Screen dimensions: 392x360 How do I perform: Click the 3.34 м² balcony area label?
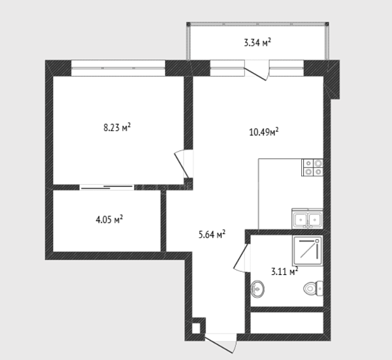coord(257,42)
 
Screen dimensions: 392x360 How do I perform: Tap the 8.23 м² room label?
coord(117,127)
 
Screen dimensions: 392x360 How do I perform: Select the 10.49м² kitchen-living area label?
coord(264,132)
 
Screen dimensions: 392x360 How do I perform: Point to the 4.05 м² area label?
coord(109,220)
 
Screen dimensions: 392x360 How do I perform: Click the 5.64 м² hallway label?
coord(212,235)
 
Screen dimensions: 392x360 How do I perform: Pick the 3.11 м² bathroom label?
coord(285,271)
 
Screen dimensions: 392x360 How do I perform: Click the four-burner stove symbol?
coord(312,167)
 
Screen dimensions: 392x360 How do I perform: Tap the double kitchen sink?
coord(307,219)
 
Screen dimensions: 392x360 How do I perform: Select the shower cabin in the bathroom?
coord(308,251)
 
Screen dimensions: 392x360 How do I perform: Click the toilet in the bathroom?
coord(313,289)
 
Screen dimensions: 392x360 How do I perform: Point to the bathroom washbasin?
coord(257,289)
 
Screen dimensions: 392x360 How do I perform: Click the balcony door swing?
coord(257,71)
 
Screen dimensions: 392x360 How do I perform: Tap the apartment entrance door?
coord(221,344)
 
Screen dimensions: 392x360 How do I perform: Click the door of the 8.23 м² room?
coord(183,164)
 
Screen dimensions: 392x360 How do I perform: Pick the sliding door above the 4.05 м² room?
coord(107,187)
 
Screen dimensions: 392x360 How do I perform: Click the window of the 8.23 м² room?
coord(118,68)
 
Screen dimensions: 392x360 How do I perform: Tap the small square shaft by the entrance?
coord(196,328)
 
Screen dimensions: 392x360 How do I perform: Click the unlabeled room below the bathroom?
coord(287,323)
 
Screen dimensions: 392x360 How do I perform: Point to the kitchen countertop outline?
coord(259,194)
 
